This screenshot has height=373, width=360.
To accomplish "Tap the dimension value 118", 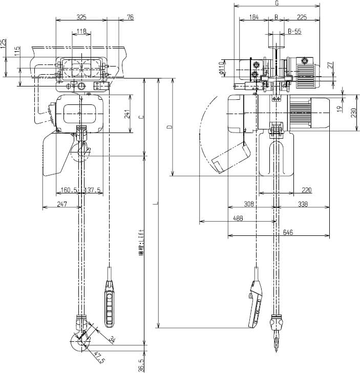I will pyautogui.click(x=81, y=32).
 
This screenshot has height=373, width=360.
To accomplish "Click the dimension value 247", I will pyautogui.click(x=61, y=204).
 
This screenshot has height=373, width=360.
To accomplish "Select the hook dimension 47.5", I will pyautogui.click(x=100, y=357).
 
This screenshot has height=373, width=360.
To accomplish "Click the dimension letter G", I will pyautogui.click(x=277, y=3).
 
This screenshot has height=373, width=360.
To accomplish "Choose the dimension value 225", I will pyautogui.click(x=302, y=17).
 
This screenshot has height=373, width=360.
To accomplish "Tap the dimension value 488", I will pyautogui.click(x=238, y=218).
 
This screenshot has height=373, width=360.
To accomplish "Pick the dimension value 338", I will pyautogui.click(x=303, y=204).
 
